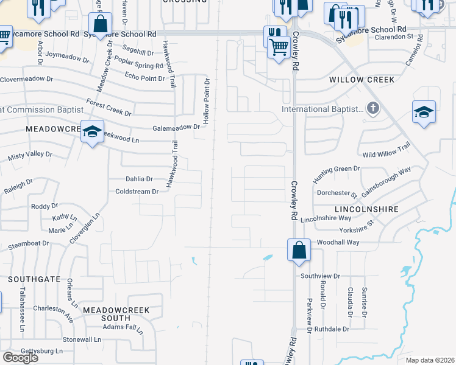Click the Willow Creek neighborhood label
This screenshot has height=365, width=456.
click(x=362, y=80)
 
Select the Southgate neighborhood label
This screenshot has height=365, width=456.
click(x=34, y=279)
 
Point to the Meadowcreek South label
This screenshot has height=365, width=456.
click(x=116, y=314)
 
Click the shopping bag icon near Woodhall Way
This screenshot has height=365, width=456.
click(x=299, y=250)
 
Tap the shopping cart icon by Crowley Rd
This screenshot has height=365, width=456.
click(x=279, y=46)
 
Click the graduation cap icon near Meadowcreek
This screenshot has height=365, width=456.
click(x=92, y=131)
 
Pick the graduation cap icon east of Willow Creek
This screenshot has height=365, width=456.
click(x=424, y=112)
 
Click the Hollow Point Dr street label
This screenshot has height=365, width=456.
click(x=207, y=102)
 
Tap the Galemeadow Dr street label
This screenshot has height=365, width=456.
click(x=176, y=128)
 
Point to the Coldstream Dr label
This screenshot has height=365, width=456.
click(x=137, y=191)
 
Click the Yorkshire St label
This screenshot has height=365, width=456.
click(x=357, y=231)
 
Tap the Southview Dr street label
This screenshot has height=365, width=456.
click(x=320, y=276)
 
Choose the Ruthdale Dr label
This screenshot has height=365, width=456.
click(x=332, y=329)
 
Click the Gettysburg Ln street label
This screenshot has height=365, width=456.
click(x=42, y=351)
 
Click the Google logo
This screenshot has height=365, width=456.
click(x=20, y=357)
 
